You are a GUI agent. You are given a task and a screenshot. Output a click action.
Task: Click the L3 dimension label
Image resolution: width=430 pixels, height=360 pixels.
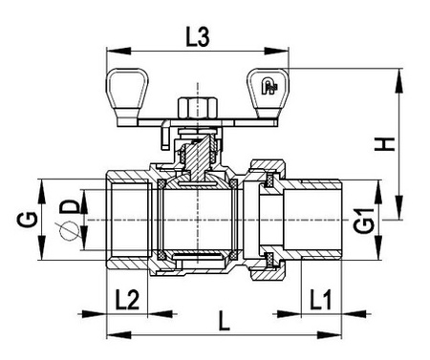(198, 37)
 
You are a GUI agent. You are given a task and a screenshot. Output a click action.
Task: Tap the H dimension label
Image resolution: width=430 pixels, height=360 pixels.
(385, 144)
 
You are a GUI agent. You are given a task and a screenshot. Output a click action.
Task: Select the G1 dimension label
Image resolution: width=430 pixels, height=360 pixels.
(363, 222)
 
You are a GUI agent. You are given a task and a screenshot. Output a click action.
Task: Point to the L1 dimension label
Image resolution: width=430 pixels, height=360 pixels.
(321, 300)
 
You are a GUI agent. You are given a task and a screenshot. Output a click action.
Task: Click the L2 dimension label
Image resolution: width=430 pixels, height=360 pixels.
(127, 300)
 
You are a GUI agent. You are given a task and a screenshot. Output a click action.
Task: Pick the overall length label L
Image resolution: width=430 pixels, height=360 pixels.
(225, 321)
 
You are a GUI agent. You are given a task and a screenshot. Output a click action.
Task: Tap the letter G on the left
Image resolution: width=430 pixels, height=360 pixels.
(28, 220)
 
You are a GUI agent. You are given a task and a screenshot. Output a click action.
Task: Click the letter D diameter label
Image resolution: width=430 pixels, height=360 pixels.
(69, 207)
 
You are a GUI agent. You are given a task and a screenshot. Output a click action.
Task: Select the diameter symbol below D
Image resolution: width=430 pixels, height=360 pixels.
(69, 231)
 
